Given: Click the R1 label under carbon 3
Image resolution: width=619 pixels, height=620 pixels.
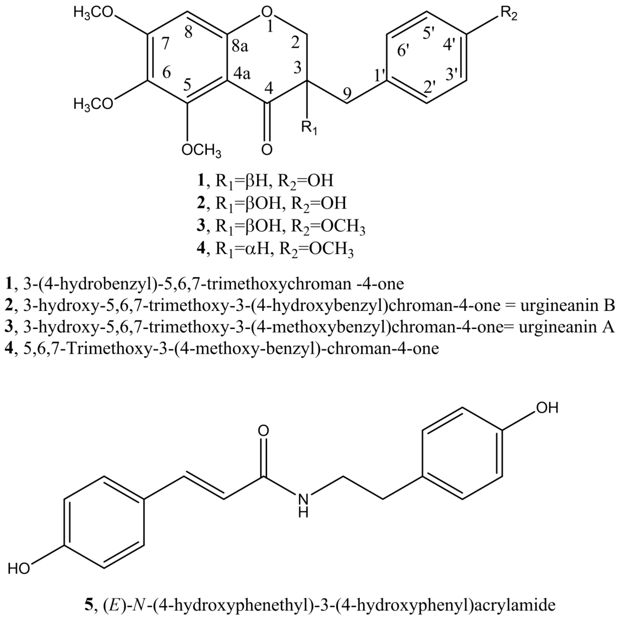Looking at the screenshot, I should pyautogui.click(x=309, y=128).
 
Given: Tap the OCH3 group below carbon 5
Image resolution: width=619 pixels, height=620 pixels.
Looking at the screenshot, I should pyautogui.click(x=201, y=150).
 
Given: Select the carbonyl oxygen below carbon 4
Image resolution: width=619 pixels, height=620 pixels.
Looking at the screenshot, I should pyautogui.click(x=267, y=150).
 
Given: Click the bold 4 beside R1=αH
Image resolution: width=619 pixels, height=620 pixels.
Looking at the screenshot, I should pyautogui.click(x=201, y=248).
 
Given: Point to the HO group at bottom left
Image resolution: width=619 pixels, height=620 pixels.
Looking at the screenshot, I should pyautogui.click(x=19, y=569).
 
